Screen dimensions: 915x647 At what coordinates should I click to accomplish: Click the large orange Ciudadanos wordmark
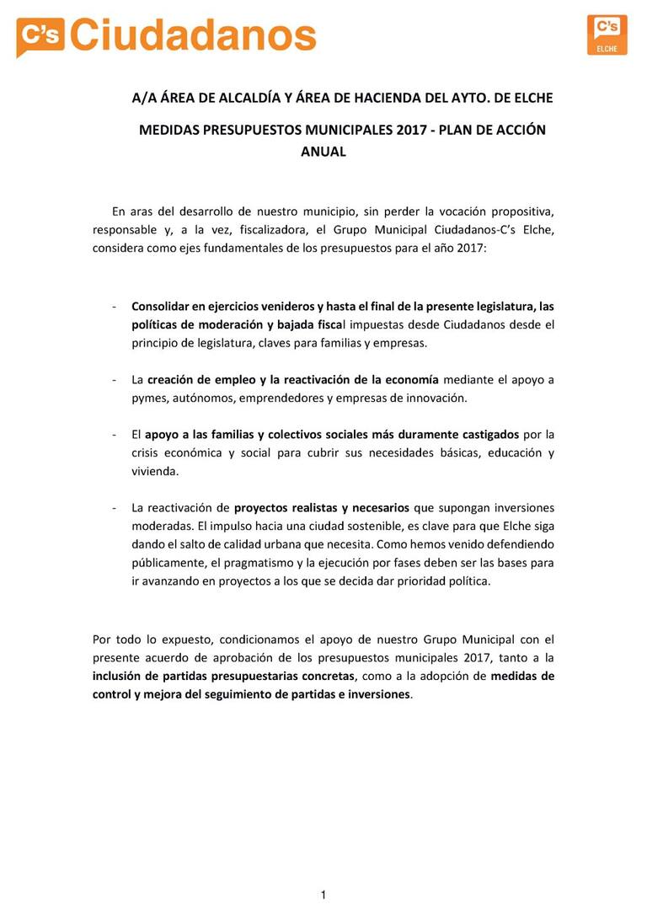(x=193, y=35)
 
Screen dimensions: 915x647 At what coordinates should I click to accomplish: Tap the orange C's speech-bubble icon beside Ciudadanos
(x=40, y=36)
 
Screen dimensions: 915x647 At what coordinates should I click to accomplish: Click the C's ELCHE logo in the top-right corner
(x=607, y=35)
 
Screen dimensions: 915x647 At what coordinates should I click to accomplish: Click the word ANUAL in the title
(x=323, y=152)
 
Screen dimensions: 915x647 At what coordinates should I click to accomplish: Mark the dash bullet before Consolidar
(x=114, y=306)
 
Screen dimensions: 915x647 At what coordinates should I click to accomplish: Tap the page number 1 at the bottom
(x=323, y=895)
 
